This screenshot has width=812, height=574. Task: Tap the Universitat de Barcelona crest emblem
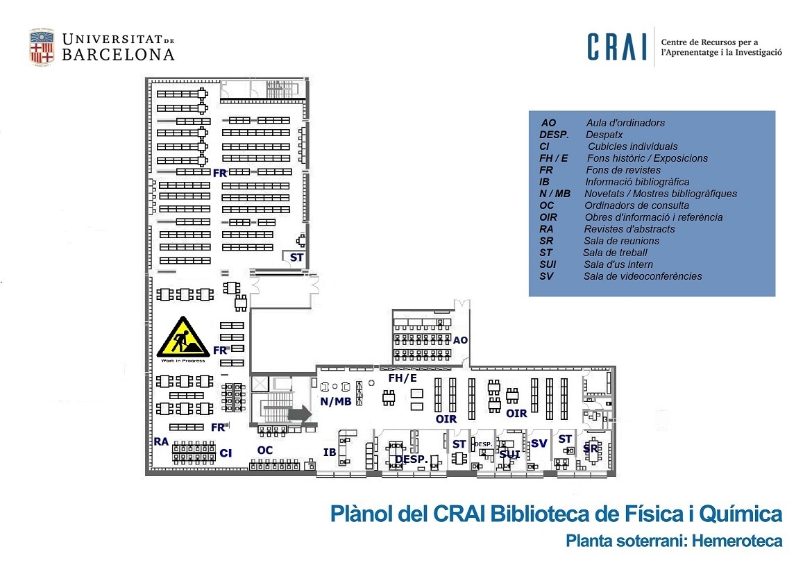point(42,47)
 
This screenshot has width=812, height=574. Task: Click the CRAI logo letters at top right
point(616,47)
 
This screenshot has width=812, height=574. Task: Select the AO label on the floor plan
point(460,341)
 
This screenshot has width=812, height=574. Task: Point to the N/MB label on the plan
point(335,402)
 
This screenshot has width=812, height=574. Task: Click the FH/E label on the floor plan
point(403,378)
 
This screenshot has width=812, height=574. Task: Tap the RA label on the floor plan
point(161,441)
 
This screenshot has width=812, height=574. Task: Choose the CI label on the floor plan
point(226,453)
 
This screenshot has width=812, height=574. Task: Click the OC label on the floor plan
point(264,450)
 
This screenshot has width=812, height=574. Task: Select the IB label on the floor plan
point(330,453)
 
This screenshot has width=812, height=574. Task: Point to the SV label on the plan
point(539,443)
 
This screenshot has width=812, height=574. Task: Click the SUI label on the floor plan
point(509,455)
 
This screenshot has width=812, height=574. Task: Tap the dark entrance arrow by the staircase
point(298,414)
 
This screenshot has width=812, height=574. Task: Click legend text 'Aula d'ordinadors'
point(625,123)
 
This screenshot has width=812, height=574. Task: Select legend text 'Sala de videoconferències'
point(643,276)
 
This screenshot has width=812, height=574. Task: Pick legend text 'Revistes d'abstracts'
point(629,229)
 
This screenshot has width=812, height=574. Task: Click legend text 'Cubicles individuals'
point(633,146)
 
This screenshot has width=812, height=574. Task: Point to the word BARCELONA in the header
point(118,55)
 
